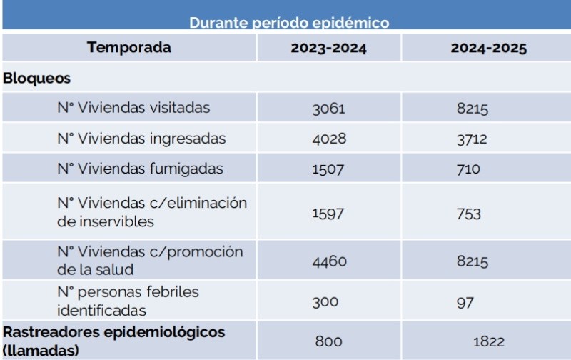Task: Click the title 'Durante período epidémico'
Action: coord(289,23)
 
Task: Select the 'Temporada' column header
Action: coord(129,49)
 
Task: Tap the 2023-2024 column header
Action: coord(329,49)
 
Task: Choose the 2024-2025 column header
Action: coord(489,49)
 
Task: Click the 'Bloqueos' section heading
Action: coord(36,78)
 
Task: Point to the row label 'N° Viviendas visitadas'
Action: coord(133,108)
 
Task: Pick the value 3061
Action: coord(328,109)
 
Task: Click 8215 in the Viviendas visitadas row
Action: coord(473,109)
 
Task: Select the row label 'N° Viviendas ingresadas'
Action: coord(141,139)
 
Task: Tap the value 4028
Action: coord(329,139)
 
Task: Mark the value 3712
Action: coord(472,139)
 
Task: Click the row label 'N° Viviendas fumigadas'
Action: coord(140,169)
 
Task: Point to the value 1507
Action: coord(328,169)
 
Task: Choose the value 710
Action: coord(468,169)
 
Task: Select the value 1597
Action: coord(328,214)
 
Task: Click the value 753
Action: coord(469,214)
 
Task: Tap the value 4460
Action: coord(329,261)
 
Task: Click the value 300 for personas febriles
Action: coord(325,301)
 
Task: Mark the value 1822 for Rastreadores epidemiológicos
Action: coord(489,342)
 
